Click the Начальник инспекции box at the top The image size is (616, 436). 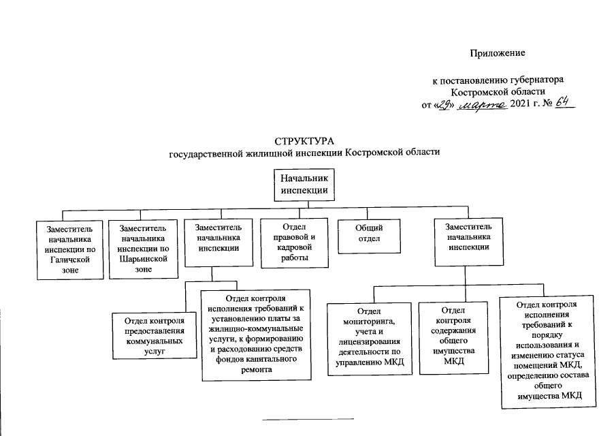point(306,184)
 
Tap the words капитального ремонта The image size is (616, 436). point(257,364)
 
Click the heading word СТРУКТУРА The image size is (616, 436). point(305,141)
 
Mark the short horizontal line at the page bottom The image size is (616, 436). point(308,417)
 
